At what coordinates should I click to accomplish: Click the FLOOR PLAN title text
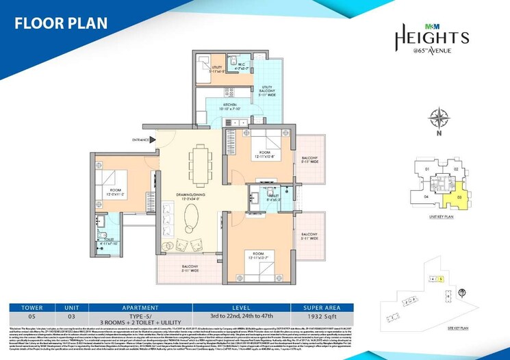point(61,23)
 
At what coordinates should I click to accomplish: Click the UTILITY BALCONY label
point(265,89)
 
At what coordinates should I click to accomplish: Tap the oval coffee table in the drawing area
point(190,220)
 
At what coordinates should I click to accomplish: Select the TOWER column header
point(31,308)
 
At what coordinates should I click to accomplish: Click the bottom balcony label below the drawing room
point(190,268)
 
